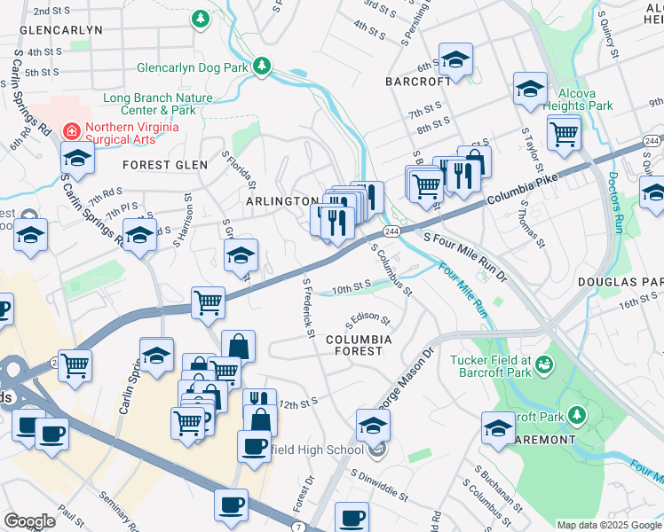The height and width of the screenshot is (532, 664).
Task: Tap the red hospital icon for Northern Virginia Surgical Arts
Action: pos(70,131)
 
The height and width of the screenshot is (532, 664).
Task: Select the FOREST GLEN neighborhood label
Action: pos(165,165)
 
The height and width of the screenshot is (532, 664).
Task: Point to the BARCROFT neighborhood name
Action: pos(419,81)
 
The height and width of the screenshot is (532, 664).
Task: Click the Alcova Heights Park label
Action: pos(586,99)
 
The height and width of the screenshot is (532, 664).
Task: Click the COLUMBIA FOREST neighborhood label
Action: pos(358,345)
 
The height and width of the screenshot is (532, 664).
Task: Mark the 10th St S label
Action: pos(351,286)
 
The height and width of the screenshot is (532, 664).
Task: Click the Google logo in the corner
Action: pos(29,521)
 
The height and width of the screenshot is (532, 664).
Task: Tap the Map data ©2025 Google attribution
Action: pos(609,525)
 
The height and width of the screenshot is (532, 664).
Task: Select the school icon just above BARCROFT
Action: pos(455,60)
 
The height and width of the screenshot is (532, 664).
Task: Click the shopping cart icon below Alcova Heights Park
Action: pos(564,134)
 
